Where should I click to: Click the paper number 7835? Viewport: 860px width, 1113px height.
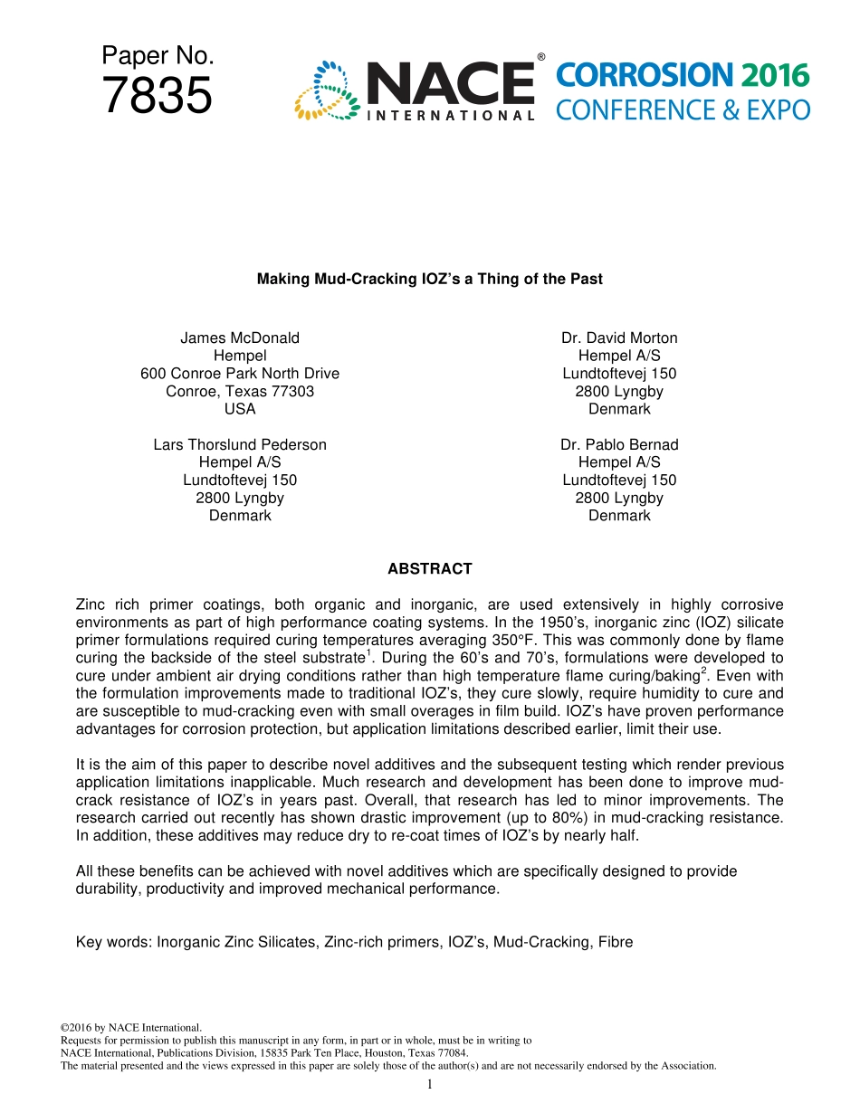[158, 96]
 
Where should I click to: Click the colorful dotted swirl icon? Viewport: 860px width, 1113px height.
[327, 90]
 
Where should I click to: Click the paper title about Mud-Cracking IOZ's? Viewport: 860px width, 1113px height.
[429, 280]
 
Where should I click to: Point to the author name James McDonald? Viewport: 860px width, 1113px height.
[240, 338]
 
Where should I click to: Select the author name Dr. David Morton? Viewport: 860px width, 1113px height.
[619, 338]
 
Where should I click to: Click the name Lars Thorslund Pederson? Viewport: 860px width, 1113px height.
[240, 445]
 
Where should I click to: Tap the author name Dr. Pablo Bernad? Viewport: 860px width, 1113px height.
[619, 445]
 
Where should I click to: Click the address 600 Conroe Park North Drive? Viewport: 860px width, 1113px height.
[240, 374]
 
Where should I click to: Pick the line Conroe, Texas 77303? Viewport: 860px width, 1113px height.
[240, 392]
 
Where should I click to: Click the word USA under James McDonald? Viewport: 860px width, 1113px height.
[240, 409]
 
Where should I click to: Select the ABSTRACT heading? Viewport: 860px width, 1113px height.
[430, 569]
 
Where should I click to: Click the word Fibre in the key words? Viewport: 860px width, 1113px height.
[615, 942]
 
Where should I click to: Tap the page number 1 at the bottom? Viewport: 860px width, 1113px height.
[430, 1084]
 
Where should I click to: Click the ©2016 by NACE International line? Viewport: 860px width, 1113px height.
[130, 1028]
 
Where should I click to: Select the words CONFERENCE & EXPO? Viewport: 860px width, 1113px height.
[683, 110]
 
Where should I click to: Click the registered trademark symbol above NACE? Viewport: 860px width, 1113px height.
[541, 58]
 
